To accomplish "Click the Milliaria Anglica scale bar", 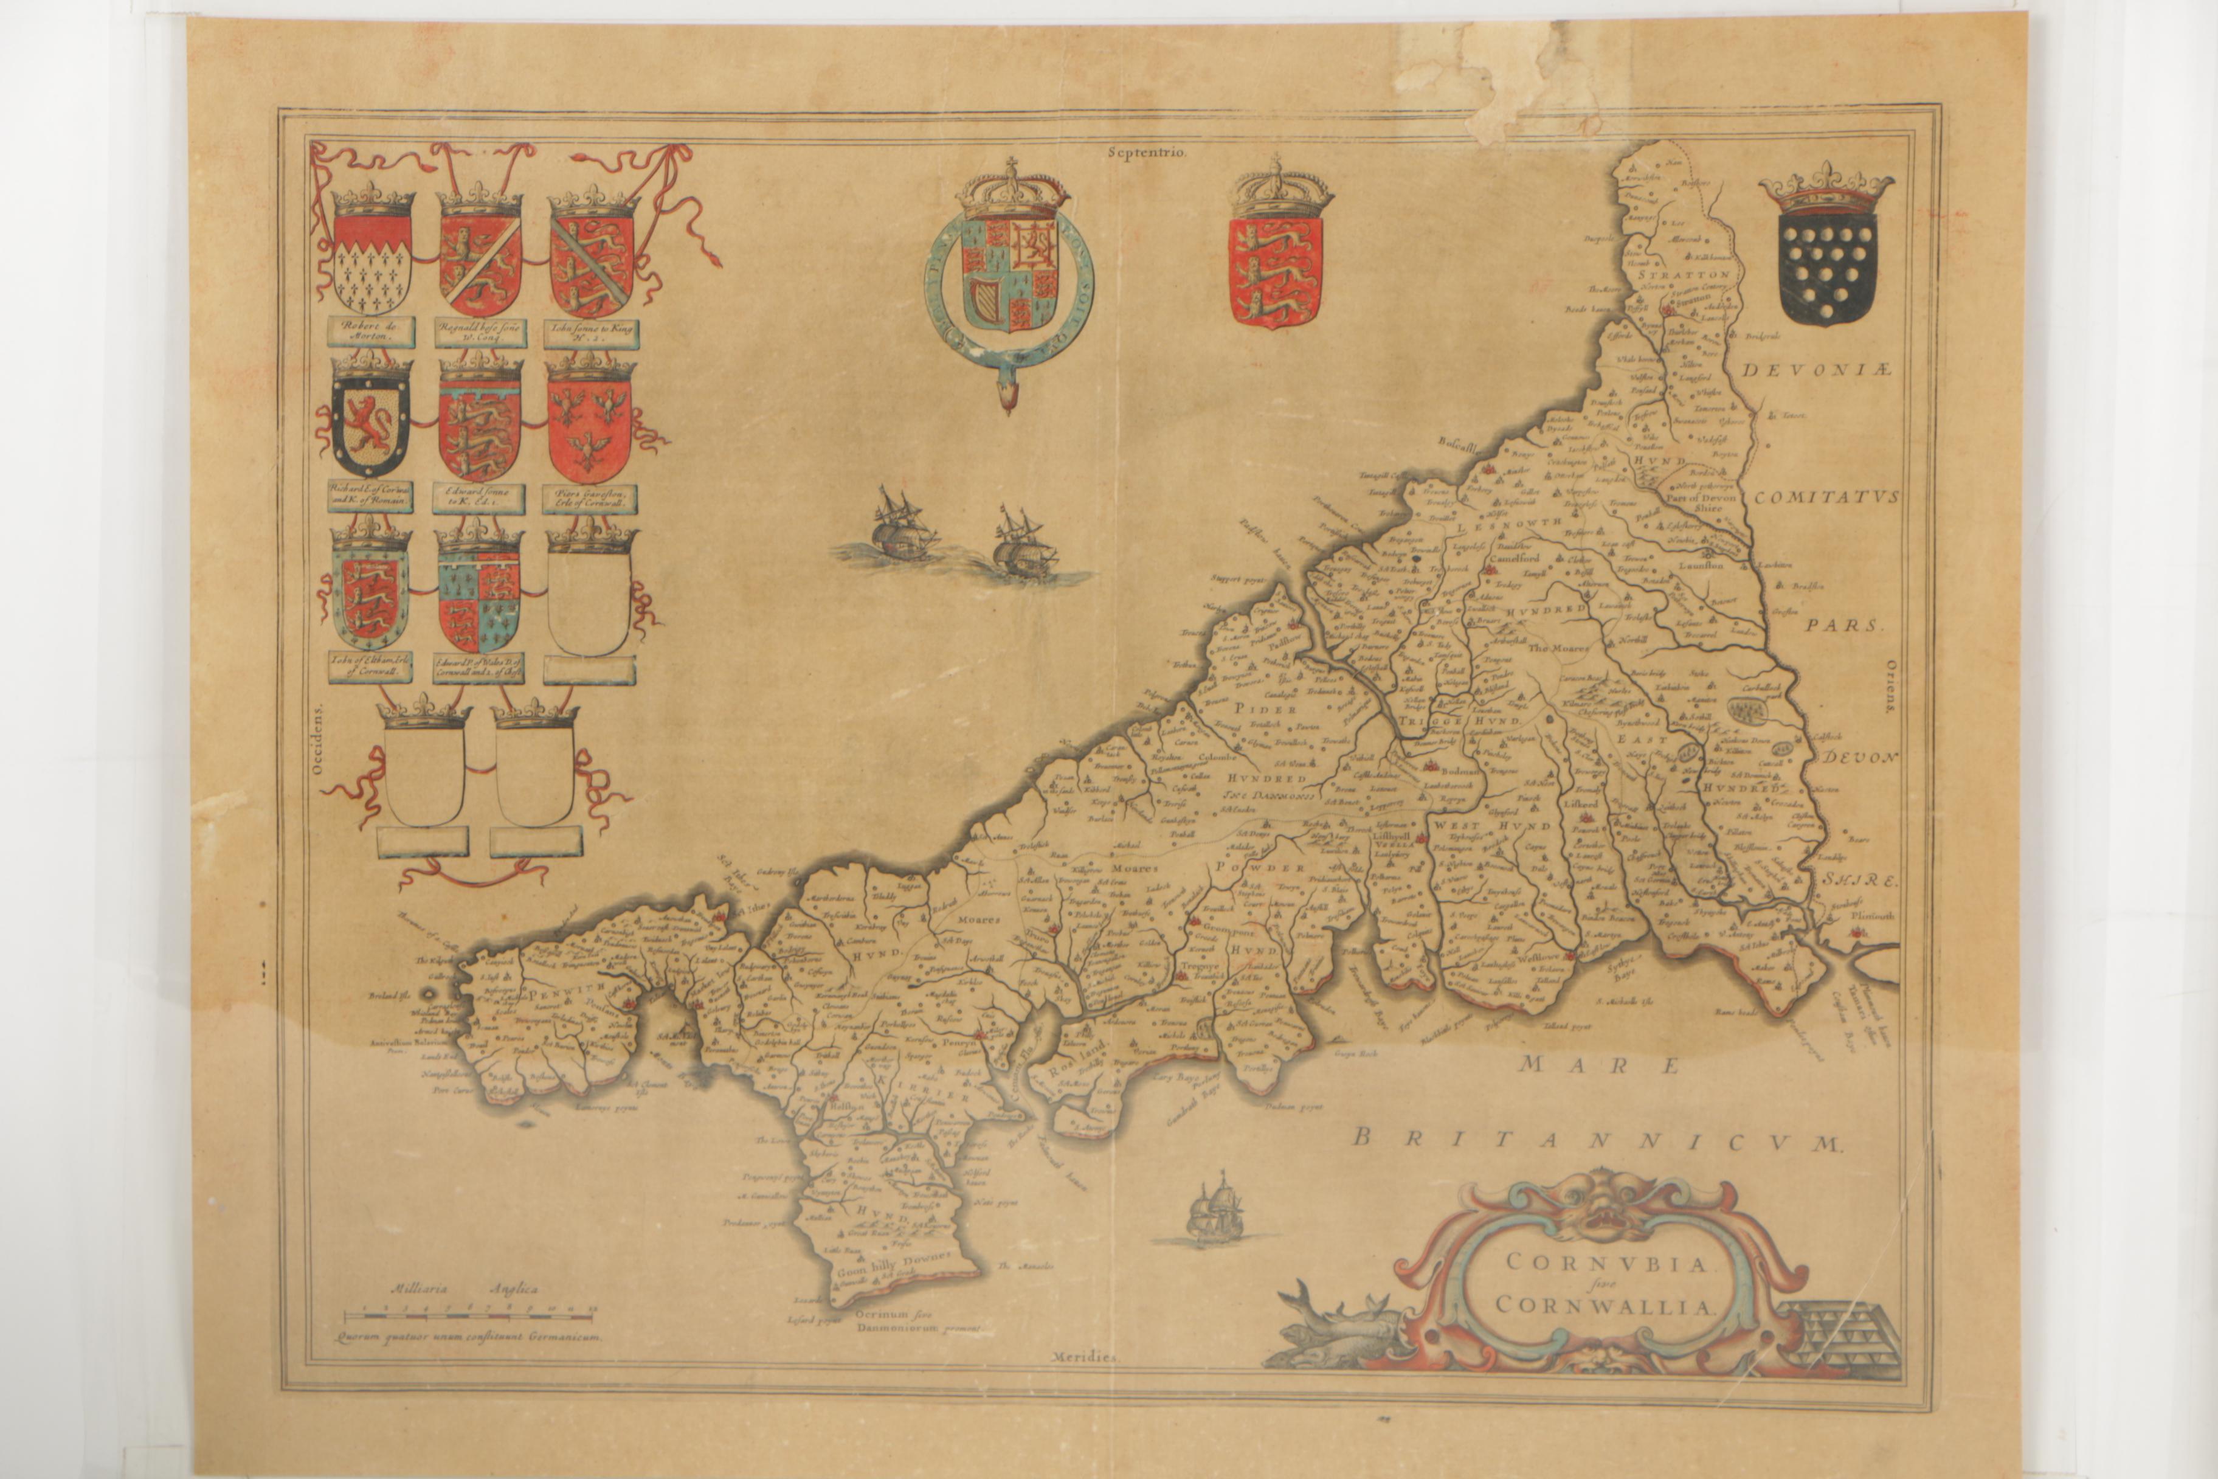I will [468, 1314].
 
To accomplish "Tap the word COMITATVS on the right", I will [1825, 497].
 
